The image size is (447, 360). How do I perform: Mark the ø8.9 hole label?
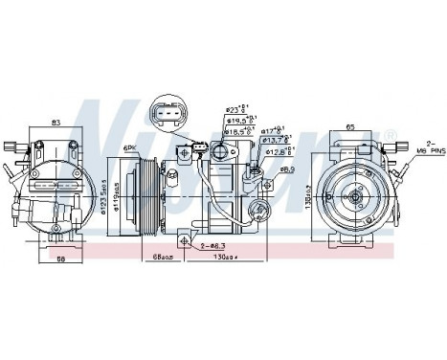[x=287, y=169]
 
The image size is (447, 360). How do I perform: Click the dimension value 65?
[x=350, y=126]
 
